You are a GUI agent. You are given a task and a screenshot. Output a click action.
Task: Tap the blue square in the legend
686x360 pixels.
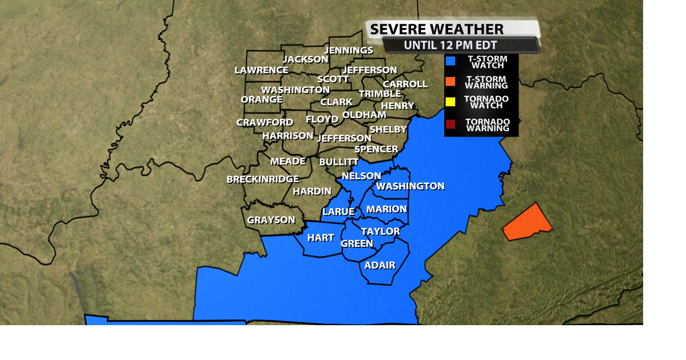(451, 62)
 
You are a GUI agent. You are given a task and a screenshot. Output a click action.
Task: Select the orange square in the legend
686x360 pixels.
(451, 81)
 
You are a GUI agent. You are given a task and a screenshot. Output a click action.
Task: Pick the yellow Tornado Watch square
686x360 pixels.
(451, 102)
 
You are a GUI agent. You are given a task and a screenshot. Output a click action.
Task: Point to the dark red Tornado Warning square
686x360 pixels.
(451, 124)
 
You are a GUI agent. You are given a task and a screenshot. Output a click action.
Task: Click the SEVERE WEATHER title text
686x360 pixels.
(437, 29)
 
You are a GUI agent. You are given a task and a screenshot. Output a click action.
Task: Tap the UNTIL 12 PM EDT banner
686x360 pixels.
(450, 46)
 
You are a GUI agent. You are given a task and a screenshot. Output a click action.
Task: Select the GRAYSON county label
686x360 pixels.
(271, 220)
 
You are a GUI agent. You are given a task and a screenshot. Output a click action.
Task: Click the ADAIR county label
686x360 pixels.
(380, 265)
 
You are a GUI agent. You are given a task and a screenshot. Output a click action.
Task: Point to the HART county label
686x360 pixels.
(320, 238)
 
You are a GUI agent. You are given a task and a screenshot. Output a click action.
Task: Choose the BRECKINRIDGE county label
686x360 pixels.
(263, 179)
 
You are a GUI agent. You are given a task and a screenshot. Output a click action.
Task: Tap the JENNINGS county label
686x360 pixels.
(349, 50)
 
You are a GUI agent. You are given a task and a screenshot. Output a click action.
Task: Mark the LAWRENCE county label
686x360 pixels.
(262, 70)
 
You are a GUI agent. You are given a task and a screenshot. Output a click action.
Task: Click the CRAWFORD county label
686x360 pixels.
(265, 123)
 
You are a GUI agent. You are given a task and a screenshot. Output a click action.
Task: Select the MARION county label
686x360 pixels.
(386, 209)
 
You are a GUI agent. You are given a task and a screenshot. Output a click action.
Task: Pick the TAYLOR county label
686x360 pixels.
(381, 231)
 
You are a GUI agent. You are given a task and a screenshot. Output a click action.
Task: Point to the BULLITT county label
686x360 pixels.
(339, 162)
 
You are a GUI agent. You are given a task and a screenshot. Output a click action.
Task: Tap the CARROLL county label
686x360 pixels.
(405, 84)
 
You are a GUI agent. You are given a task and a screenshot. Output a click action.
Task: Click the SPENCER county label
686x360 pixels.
(376, 149)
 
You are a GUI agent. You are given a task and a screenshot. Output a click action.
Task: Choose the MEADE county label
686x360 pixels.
(288, 161)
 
